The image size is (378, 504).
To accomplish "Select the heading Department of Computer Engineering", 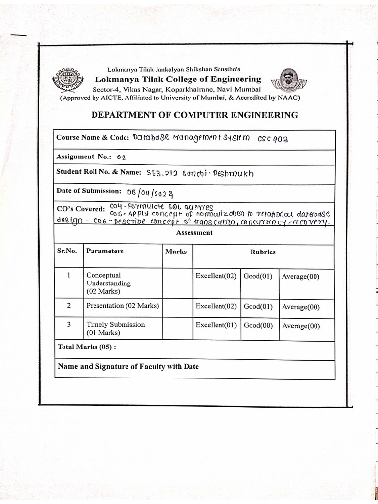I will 195,115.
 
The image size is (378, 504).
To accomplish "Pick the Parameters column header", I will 104,251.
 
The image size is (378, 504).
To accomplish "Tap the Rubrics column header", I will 263,252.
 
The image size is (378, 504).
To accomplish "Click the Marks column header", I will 176,252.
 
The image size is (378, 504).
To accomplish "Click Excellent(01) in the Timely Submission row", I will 216,325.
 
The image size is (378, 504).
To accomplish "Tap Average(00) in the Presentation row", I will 301,307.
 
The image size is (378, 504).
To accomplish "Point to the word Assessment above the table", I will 195,233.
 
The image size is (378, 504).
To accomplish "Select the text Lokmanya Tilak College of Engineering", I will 178,79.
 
